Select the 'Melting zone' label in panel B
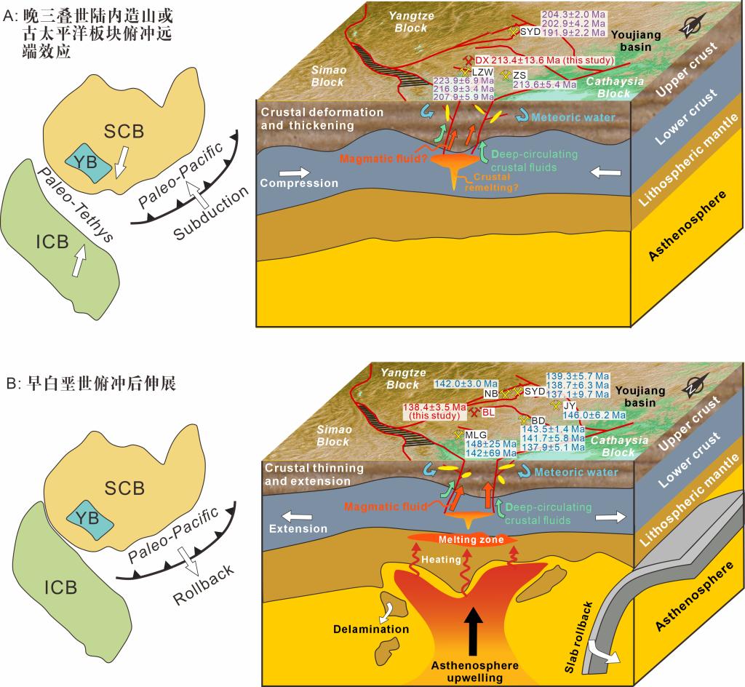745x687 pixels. [x=463, y=539]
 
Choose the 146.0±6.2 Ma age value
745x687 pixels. [x=594, y=414]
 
